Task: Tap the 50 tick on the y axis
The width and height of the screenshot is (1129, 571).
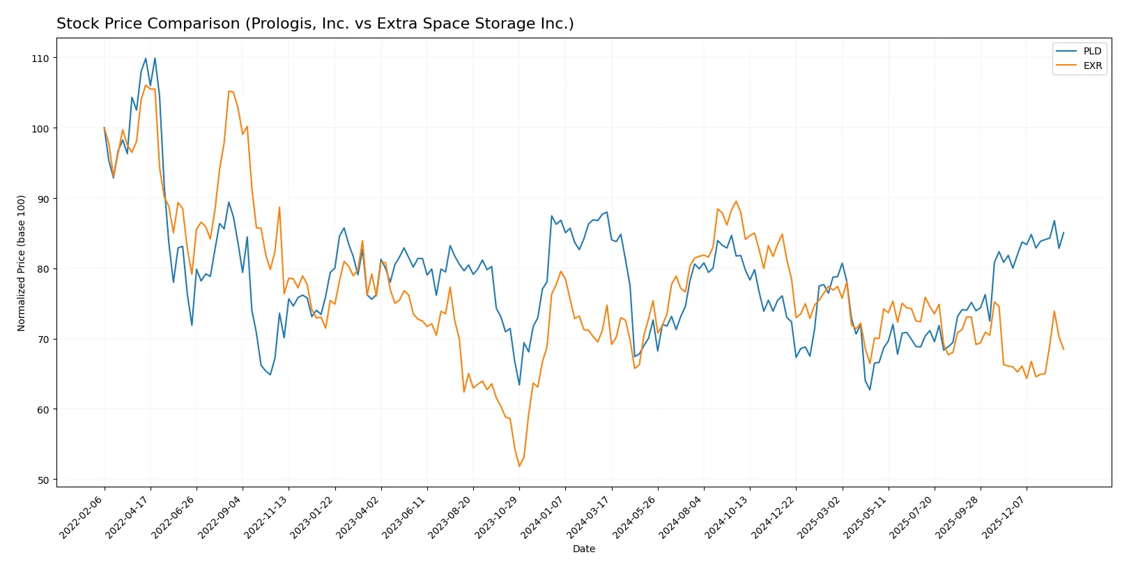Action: (x=43, y=480)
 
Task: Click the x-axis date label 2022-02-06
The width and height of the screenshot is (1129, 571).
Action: (x=82, y=517)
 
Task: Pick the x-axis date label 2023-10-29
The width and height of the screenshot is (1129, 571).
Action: (x=498, y=517)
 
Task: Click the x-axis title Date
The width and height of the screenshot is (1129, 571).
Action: (x=583, y=549)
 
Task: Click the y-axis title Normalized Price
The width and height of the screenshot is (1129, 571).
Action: (x=22, y=263)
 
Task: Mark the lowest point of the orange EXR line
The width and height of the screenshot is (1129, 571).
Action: (x=519, y=466)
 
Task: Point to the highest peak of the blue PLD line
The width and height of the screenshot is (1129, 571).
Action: (x=155, y=58)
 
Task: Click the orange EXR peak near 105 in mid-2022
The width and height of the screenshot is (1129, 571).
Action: (x=229, y=91)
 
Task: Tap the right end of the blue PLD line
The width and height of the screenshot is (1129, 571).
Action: (x=1063, y=233)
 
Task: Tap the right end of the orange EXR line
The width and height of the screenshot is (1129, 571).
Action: (x=1063, y=349)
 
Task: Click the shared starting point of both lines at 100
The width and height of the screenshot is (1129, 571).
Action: (x=105, y=128)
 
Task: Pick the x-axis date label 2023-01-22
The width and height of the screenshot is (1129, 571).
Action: (x=313, y=517)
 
